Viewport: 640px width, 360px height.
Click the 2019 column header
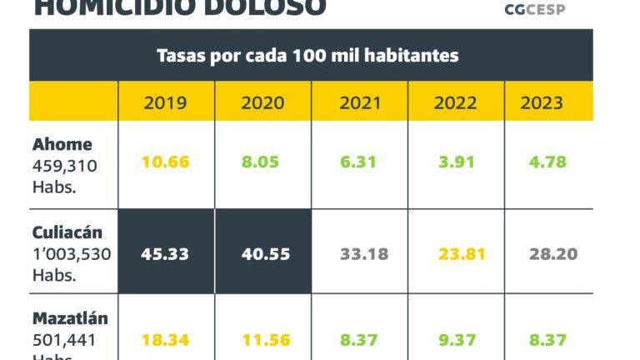pyautogui.click(x=166, y=103)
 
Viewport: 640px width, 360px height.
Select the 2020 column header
pyautogui.click(x=262, y=103)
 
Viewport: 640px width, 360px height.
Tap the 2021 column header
pyautogui.click(x=360, y=103)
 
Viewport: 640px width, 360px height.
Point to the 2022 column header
pyautogui.click(x=455, y=103)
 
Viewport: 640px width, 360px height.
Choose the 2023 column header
pyautogui.click(x=542, y=103)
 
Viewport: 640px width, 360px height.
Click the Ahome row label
pyautogui.click(x=62, y=144)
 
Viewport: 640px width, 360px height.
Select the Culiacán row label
pyautogui.click(x=68, y=232)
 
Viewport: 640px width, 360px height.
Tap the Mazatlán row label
pyautogui.click(x=70, y=318)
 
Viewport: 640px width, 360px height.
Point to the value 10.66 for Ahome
pyautogui.click(x=166, y=162)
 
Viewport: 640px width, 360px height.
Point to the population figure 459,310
pyautogui.click(x=65, y=166)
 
